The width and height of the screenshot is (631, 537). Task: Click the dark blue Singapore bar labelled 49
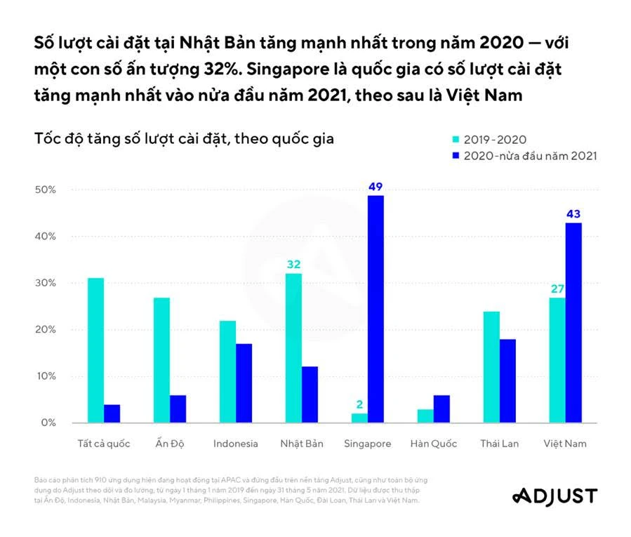pyautogui.click(x=376, y=309)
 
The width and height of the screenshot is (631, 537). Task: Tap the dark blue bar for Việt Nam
pyautogui.click(x=573, y=323)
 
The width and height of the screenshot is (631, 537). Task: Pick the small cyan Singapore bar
pyautogui.click(x=359, y=418)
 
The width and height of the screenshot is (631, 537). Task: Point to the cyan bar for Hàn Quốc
pyautogui.click(x=425, y=416)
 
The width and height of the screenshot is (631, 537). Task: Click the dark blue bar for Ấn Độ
pyautogui.click(x=178, y=409)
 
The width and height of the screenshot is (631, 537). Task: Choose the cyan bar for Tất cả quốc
pyautogui.click(x=95, y=350)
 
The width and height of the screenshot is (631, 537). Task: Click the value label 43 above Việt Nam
pyautogui.click(x=573, y=214)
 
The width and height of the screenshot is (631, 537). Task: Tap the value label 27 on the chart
pyautogui.click(x=557, y=289)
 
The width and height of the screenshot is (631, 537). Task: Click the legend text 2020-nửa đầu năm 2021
pyautogui.click(x=530, y=156)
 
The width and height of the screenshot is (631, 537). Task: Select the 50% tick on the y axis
pyautogui.click(x=45, y=190)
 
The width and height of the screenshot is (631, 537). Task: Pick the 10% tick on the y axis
pyautogui.click(x=45, y=376)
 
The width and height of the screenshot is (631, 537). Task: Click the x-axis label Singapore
pyautogui.click(x=368, y=444)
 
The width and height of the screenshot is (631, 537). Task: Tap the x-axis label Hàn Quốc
pyautogui.click(x=434, y=444)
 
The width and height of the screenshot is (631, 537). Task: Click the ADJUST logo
pyautogui.click(x=554, y=496)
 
